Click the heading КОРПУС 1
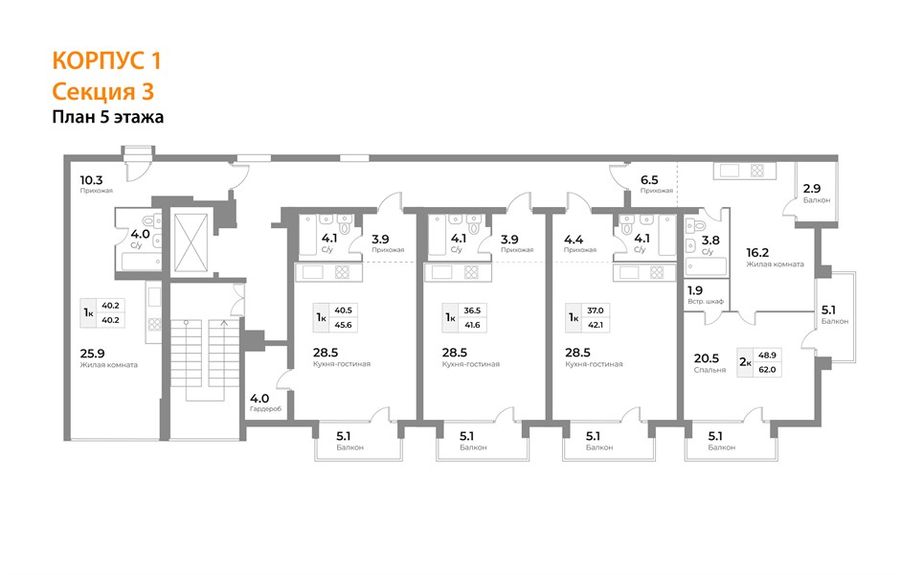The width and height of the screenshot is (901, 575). pos(106,61)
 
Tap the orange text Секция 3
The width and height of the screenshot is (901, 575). pos(102,91)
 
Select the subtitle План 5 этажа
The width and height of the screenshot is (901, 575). pos(108,117)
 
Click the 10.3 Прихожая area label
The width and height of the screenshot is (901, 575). pos(96,184)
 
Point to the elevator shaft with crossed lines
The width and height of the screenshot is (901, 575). pos(191,242)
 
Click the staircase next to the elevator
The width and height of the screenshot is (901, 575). pos(205,360)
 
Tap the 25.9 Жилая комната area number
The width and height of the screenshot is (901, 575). pos(92,354)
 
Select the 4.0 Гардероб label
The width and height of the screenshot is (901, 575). pos(265,402)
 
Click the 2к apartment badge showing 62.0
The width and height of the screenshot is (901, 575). pos(759,362)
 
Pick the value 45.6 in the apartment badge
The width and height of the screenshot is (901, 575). pos(343,325)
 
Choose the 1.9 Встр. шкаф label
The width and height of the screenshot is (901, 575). pos(705,295)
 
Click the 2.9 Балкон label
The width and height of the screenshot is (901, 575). pos(817,194)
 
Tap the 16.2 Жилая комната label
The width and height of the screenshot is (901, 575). pos(775,257)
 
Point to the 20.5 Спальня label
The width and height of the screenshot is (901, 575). pos(710,363)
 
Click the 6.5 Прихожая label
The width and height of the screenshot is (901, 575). pos(656,185)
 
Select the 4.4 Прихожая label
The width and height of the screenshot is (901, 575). pos(580,243)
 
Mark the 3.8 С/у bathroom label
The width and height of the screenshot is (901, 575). pos(710,245)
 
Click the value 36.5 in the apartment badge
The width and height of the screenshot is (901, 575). pos(472,310)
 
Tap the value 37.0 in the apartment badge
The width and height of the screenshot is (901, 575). pos(596,310)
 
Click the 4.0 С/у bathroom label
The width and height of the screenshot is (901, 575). pos(140,239)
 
